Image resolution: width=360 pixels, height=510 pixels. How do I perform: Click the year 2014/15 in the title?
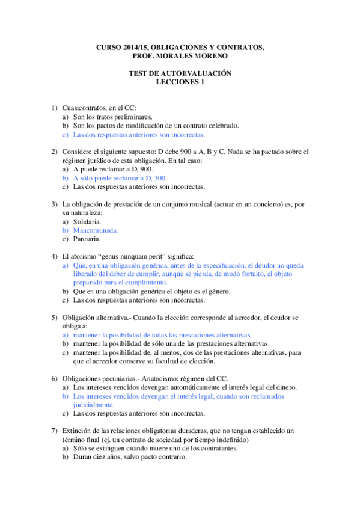[133, 47]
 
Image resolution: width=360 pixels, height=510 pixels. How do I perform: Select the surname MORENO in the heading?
[210, 56]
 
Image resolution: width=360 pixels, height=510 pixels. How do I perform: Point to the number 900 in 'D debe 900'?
[228, 152]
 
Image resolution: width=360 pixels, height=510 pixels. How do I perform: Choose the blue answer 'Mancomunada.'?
[95, 230]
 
